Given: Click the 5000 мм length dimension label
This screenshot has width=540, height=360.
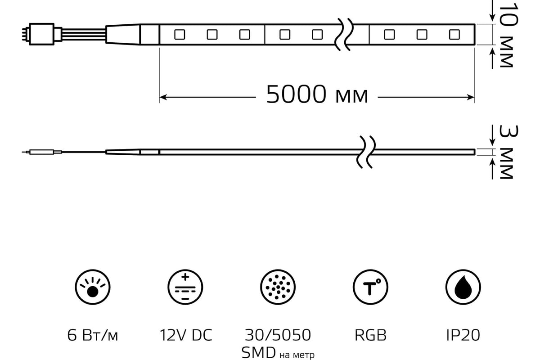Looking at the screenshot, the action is pos(317,94).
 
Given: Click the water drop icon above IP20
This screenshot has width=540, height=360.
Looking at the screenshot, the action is pos(463,287).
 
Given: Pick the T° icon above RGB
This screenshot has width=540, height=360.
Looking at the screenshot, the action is pos(370,287).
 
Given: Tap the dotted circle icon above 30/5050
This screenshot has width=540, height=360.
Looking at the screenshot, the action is pos(278,287).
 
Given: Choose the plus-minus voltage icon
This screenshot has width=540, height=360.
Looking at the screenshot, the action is pos(185,287).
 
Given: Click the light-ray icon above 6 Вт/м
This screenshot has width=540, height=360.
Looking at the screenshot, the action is pos(93,287).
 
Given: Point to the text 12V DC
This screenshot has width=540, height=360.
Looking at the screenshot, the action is pos(185,335).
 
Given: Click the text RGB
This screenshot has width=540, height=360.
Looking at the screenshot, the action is pos(370,335).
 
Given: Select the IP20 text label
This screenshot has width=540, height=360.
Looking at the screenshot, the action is pos(463,335).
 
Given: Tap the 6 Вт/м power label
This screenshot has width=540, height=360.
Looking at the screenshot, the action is pos(93,335).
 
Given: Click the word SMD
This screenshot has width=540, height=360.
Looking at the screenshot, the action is pos(258,353).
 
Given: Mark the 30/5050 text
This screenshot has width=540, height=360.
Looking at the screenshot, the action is pos(278,335).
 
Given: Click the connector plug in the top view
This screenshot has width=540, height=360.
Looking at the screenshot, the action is pos(41,34).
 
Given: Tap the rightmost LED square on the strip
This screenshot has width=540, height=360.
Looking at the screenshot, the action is pos(454,35).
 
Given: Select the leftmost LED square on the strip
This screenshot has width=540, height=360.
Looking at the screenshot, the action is pos(180,35).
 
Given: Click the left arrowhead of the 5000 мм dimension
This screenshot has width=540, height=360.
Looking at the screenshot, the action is pos(163,97).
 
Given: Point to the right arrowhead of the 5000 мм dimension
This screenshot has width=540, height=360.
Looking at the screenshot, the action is pos(471,97).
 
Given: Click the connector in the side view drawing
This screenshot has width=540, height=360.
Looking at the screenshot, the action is pos(42,152).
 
